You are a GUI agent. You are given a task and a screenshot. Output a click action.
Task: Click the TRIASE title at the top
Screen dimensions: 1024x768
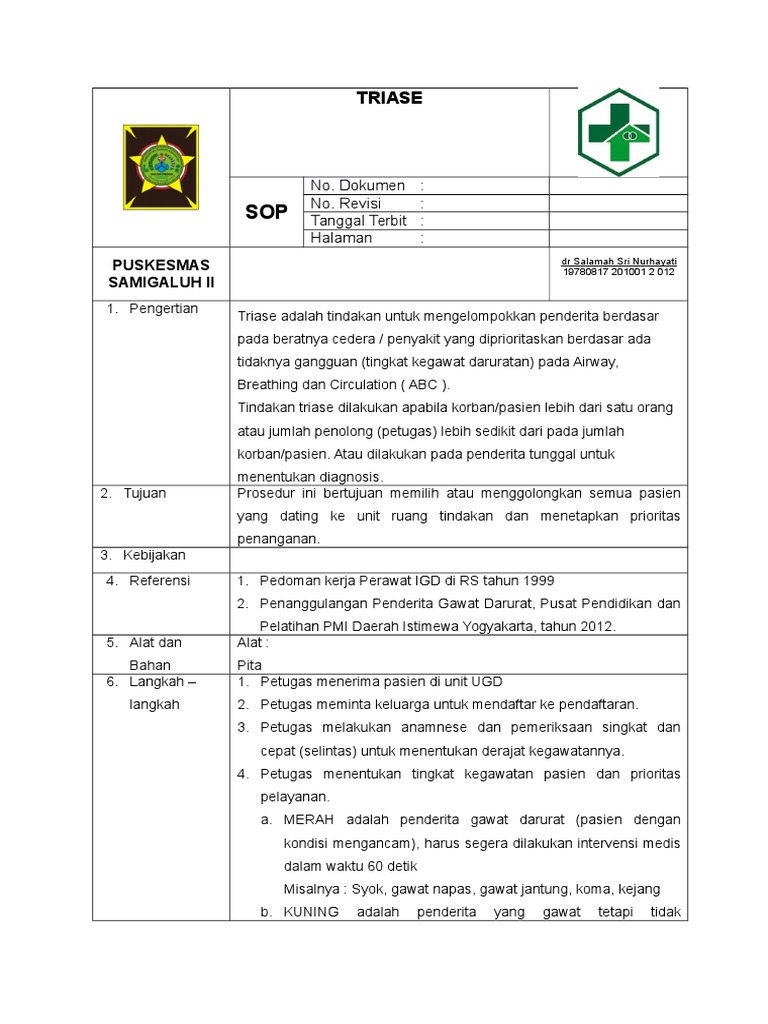click(x=390, y=98)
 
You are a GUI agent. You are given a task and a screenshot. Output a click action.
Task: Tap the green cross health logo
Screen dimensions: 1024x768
click(x=617, y=132)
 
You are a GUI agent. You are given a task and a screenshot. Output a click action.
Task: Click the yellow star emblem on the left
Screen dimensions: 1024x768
click(x=160, y=166)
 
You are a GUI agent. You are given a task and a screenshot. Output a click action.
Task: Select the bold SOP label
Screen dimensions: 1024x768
click(x=267, y=212)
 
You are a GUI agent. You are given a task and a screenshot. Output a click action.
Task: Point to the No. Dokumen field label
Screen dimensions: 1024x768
click(x=357, y=186)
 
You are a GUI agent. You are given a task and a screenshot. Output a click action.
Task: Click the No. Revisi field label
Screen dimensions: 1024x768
click(x=346, y=203)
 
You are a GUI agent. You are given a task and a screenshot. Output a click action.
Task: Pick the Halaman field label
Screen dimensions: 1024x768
click(x=341, y=238)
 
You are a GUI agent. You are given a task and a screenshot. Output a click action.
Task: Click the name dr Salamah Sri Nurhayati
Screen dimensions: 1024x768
click(x=619, y=261)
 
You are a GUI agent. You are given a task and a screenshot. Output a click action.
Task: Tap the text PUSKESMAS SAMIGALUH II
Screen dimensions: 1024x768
click(x=160, y=273)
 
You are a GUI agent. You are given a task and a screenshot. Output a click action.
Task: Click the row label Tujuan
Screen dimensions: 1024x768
click(x=145, y=494)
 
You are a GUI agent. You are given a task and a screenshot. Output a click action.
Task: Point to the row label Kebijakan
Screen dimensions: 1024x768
click(x=154, y=555)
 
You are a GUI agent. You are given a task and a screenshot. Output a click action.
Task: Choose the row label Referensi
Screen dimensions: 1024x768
click(x=160, y=581)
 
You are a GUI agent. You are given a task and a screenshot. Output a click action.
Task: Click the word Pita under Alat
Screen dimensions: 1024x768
click(x=248, y=664)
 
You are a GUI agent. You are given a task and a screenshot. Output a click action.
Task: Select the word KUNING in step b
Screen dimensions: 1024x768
click(x=312, y=912)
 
